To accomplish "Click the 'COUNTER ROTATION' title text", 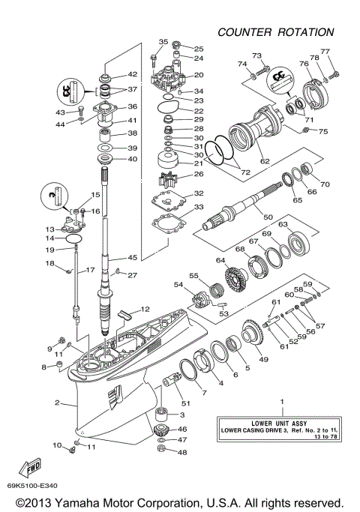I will point(275,32).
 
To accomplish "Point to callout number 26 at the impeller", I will point(199,175).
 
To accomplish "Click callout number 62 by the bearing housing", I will point(264,160).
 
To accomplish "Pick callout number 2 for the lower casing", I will point(57,403).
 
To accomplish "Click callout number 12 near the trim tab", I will point(145,310).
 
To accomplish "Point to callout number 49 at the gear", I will point(263,360).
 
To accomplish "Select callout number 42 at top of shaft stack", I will point(133,74).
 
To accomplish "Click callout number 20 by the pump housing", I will point(199,75).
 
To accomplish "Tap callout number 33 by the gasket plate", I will point(199,207).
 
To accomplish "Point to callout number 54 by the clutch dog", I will point(178,285).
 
